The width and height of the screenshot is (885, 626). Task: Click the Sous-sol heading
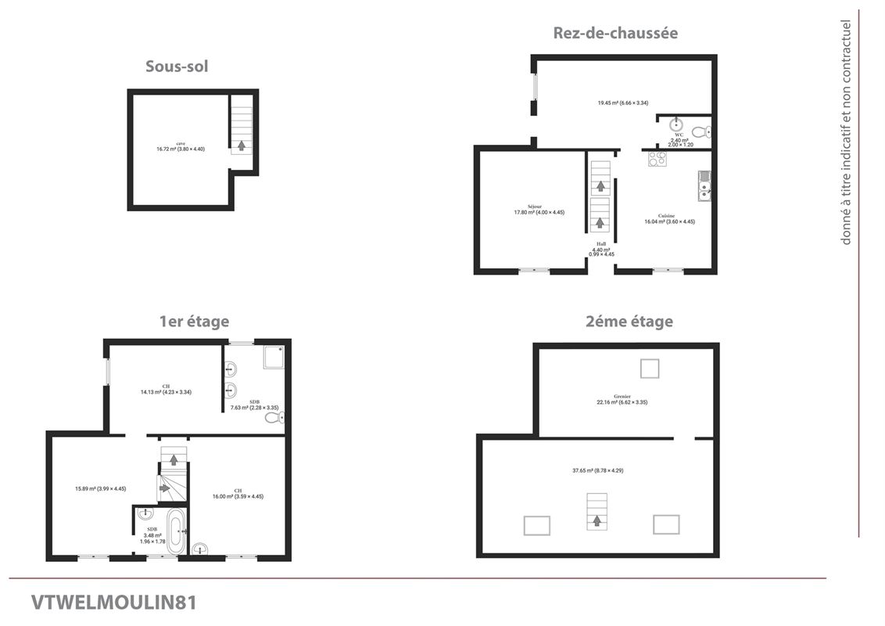[177, 67]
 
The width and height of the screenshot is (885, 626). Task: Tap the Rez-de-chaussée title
[615, 33]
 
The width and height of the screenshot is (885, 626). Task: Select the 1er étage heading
[194, 321]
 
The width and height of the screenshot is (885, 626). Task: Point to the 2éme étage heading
[629, 321]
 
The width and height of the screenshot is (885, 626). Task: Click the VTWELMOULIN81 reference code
[114, 603]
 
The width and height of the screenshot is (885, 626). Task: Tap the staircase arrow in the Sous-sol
[242, 145]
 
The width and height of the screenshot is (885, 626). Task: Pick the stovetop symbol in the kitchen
[657, 159]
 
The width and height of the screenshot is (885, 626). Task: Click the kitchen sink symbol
[704, 188]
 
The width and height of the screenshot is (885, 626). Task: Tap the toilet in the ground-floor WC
[701, 131]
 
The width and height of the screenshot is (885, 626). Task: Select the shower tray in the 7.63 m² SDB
[274, 357]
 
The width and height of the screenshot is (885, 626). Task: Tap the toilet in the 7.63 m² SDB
[273, 418]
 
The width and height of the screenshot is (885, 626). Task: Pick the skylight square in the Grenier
[650, 367]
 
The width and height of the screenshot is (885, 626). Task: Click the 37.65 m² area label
[597, 470]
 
